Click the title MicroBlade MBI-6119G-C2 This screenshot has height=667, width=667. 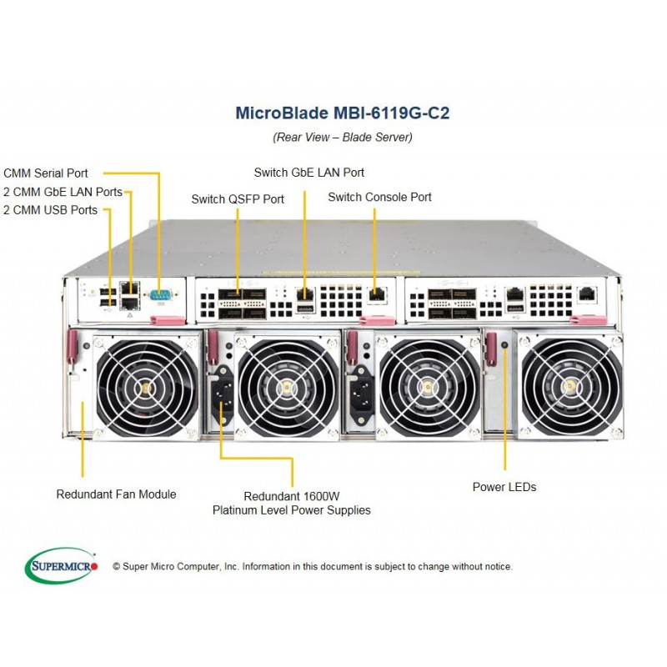343,113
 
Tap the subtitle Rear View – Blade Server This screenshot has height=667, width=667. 343,137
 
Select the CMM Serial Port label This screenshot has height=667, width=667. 46,173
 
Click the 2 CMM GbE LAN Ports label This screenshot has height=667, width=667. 63,192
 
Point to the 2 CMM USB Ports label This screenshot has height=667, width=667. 50,210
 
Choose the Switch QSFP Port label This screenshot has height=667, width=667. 238,199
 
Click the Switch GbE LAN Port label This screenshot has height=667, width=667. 309,173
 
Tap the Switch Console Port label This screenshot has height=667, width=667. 380,197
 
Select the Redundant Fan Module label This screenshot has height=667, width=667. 116,494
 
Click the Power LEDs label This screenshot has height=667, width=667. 504,487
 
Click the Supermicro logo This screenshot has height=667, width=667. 62,566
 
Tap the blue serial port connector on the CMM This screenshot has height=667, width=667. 160,295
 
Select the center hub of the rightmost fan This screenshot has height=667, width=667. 569,386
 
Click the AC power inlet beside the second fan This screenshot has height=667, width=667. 223,396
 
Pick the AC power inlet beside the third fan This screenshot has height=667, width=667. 362,396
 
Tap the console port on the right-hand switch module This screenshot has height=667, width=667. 587,293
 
